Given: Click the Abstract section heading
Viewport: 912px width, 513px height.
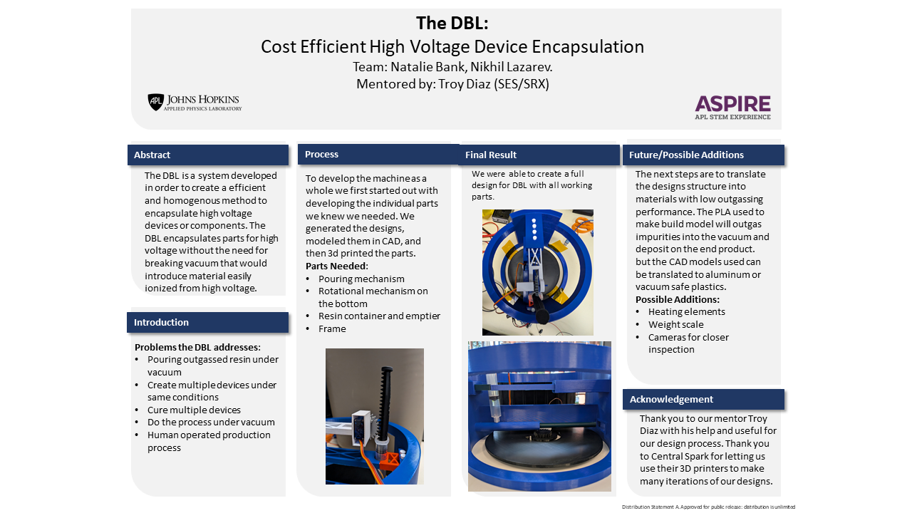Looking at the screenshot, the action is point(152,155).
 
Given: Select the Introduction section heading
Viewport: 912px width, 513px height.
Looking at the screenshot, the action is point(161,322).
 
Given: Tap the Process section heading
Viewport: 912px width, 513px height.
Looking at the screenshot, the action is point(321,154).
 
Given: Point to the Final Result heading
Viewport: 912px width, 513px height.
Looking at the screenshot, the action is point(491,155).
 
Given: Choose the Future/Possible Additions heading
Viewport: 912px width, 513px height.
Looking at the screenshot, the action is point(686,155).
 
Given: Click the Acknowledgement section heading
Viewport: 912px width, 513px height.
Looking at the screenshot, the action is point(671,399).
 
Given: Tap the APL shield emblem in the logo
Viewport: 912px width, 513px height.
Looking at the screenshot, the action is point(155,102).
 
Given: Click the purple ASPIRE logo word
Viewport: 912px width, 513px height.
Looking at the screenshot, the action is point(733,104).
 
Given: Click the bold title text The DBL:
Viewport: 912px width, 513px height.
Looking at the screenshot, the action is point(452,24).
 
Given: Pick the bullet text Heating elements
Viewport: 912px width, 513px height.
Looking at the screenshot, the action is point(687,311).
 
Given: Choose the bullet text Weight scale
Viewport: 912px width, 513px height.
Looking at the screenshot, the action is point(676,324).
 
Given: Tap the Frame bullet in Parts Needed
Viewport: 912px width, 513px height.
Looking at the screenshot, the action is point(332,328).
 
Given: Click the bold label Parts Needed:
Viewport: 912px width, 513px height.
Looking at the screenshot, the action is point(337,266).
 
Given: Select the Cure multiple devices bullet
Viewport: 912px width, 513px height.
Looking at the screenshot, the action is point(194,410).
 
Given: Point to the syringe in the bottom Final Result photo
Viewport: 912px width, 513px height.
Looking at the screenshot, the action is point(494,407).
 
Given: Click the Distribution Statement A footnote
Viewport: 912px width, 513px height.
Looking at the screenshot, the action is point(708,507).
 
